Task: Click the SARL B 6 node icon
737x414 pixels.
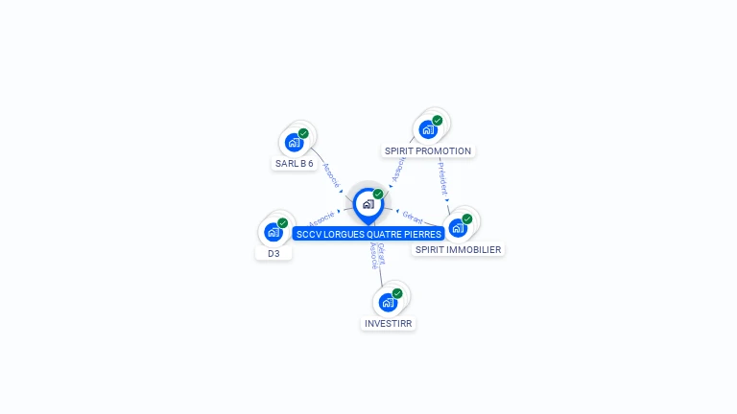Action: (x=295, y=143)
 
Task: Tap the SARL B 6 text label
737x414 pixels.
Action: (x=295, y=164)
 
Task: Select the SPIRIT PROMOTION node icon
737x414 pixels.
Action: (x=428, y=129)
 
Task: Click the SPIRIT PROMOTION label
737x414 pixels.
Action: (x=428, y=151)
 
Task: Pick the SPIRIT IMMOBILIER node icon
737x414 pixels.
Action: (x=458, y=228)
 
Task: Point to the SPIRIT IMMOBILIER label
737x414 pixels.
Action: (x=458, y=250)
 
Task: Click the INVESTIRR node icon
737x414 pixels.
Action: (x=388, y=303)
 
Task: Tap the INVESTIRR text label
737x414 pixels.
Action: (x=389, y=324)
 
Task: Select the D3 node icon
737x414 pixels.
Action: (x=273, y=232)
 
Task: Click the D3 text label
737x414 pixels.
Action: (x=273, y=254)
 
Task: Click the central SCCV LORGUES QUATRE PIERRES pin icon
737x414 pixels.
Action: (x=368, y=204)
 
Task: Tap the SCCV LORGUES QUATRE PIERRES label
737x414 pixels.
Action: (x=368, y=234)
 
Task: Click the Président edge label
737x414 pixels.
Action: (x=442, y=178)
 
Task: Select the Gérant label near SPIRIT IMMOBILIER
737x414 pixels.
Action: (x=413, y=216)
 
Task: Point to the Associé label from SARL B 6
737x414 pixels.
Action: (x=331, y=174)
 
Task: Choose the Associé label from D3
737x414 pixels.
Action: (x=322, y=218)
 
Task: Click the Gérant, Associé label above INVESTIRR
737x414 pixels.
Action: (x=377, y=256)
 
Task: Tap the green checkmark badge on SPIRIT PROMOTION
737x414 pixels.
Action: (x=438, y=121)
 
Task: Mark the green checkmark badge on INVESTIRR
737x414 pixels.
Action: (x=397, y=293)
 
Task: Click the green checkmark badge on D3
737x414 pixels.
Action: (x=283, y=222)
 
